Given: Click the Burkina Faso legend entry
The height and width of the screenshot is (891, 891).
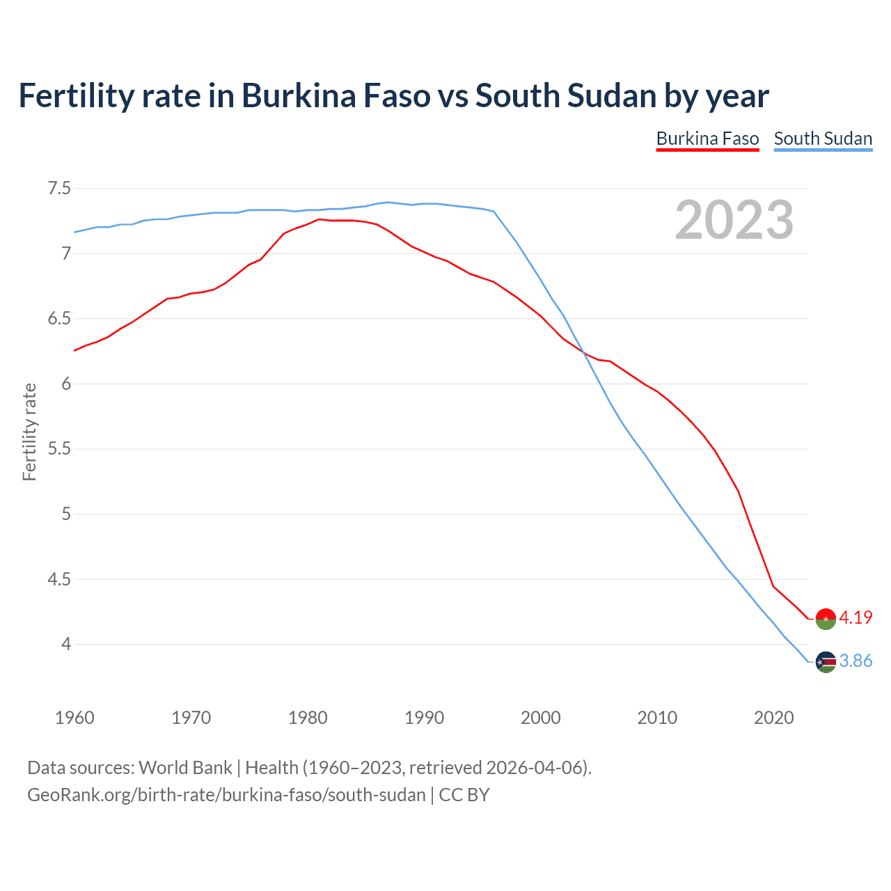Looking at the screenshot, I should click(x=707, y=139).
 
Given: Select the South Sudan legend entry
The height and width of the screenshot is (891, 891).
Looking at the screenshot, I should click(x=823, y=139).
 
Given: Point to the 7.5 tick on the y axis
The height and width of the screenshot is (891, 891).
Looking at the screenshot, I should click(x=59, y=189).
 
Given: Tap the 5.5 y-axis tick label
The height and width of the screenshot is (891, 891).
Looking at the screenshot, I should click(x=59, y=449).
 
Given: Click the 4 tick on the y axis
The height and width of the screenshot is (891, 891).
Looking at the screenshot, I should click(x=66, y=645).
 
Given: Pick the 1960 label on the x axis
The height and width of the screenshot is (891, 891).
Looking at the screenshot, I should click(x=74, y=718).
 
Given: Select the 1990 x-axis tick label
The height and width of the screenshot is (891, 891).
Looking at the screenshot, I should click(x=424, y=718).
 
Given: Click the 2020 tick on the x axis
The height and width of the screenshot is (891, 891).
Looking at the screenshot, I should click(x=773, y=718).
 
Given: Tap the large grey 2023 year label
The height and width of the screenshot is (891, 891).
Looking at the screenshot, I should click(x=734, y=220).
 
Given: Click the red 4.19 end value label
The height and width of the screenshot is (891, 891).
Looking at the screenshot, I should click(x=855, y=617).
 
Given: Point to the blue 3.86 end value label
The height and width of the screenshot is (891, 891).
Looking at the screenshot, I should click(x=855, y=661).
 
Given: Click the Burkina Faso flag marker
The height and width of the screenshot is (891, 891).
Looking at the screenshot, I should click(x=826, y=618).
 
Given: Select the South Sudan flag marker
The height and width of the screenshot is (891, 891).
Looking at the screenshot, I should click(x=826, y=662).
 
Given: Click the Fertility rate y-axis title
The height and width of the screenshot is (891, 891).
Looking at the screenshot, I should click(x=29, y=432).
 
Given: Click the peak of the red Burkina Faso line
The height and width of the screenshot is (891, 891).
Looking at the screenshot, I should click(x=319, y=219).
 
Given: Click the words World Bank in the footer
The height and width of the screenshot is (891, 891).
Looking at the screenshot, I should click(x=185, y=768).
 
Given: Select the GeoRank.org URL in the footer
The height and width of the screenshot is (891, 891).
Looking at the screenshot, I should click(x=226, y=795).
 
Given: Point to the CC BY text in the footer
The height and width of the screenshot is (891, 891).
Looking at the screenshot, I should click(x=464, y=795).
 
